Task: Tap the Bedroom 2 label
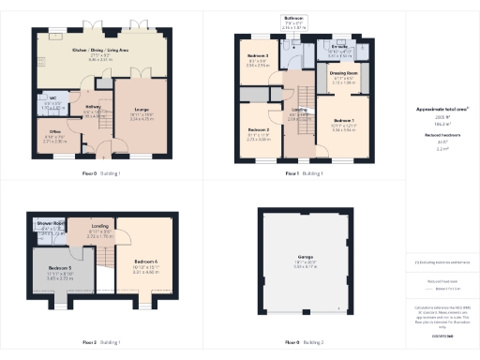click(x=259, y=129)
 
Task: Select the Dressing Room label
click(x=343, y=70)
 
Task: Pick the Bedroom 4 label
click(x=146, y=259)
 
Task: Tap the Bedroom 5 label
click(x=60, y=268)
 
